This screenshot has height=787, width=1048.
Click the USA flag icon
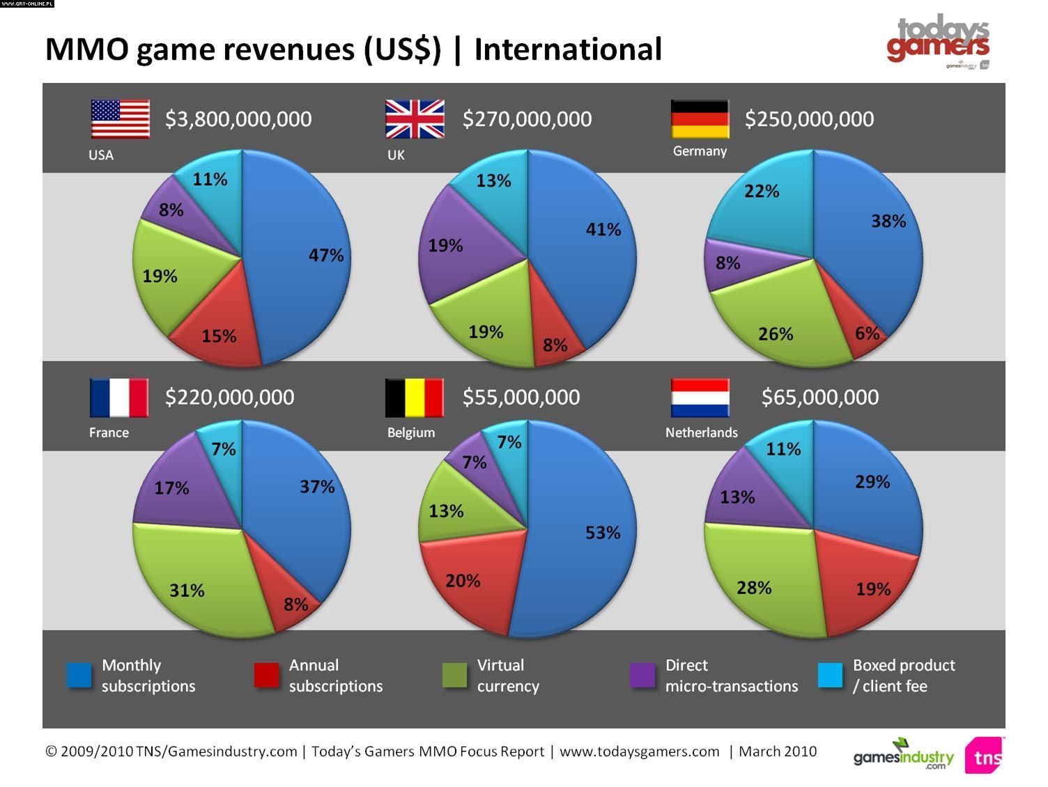[x=120, y=119]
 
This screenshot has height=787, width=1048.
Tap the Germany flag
[x=700, y=119]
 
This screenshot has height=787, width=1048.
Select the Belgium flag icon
[x=414, y=398]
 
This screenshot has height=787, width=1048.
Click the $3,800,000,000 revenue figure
[x=238, y=119]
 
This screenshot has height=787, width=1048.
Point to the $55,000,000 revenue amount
[x=521, y=397]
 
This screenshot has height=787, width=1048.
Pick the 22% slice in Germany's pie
[x=763, y=202]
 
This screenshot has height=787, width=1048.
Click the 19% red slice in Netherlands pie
[x=868, y=585]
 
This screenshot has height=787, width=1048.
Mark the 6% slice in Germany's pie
[x=866, y=332]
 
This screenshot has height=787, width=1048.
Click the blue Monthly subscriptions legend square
[x=79, y=675]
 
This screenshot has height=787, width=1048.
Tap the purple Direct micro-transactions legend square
[x=642, y=675]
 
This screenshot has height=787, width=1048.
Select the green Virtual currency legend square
[x=454, y=675]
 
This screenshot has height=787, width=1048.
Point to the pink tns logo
[x=985, y=756]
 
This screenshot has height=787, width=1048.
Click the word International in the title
[x=568, y=49]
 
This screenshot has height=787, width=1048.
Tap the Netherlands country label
[x=701, y=433]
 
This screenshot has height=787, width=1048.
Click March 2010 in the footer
[x=778, y=751]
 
